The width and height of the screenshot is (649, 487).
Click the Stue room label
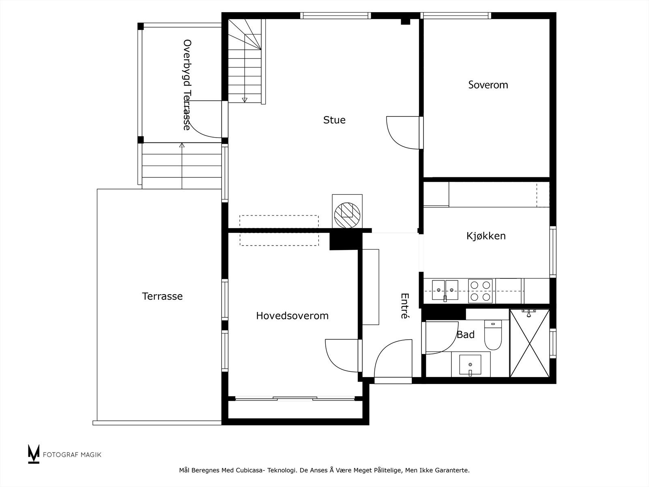tap(334, 120)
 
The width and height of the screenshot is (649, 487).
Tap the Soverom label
tap(488, 85)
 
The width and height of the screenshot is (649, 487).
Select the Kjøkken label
tap(486, 236)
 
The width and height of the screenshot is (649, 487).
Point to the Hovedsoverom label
tap(292, 316)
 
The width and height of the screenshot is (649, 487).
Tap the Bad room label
tap(465, 335)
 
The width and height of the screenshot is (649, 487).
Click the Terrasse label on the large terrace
tap(162, 296)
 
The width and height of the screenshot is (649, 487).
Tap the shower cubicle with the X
tap(530, 343)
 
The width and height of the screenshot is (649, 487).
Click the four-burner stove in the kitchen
tap(480, 291)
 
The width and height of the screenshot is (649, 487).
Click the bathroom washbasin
tap(470, 365)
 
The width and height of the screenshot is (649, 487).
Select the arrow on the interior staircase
tap(245, 99)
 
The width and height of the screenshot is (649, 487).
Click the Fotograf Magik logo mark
tap(34, 454)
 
